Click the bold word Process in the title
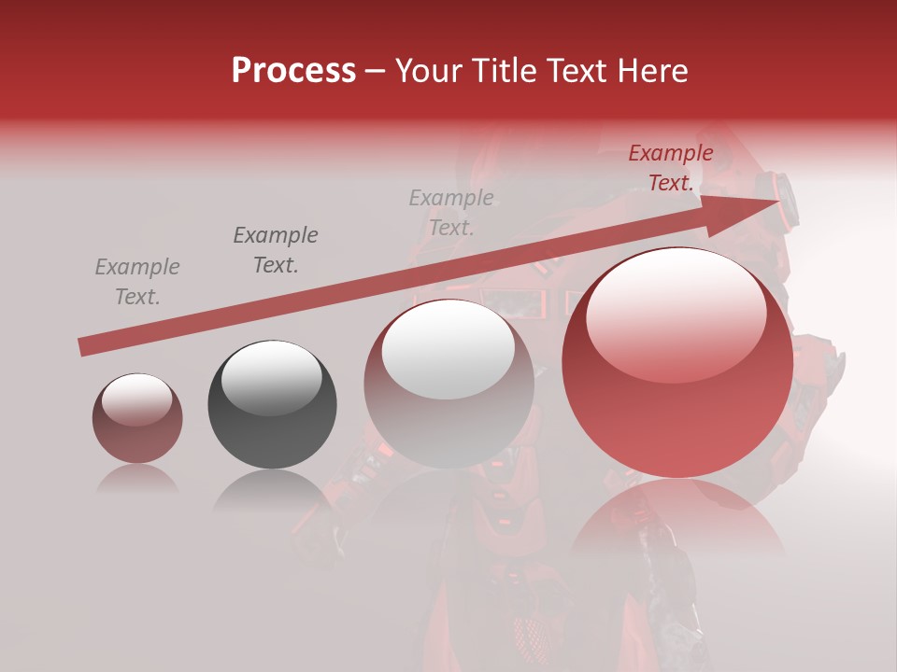293,71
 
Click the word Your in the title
431,71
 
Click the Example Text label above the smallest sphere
137,282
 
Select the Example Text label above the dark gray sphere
276,250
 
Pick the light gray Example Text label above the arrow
451,212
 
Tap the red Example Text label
671,168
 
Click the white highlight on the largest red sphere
676,313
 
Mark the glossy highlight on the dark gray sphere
271,378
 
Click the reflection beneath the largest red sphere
677,523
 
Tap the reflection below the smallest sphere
137,478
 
